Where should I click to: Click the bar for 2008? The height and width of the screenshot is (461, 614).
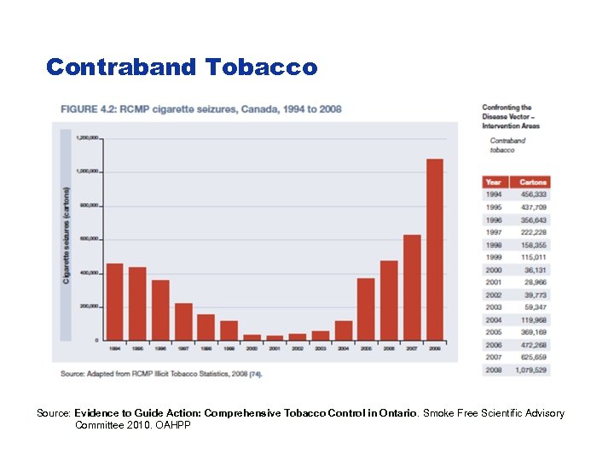pos(434,249)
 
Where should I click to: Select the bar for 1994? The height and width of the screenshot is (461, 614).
pos(114,301)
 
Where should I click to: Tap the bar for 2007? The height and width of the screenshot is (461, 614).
pos(412,287)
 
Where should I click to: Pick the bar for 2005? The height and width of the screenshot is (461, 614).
pos(366,309)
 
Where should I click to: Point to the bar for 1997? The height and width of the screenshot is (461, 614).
pos(183,321)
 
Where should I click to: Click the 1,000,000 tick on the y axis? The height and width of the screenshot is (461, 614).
pos(88,172)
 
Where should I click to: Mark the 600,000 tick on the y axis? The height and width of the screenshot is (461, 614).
pos(88,239)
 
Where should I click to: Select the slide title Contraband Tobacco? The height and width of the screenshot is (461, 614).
pos(181,67)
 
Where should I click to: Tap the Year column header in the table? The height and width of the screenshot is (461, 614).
pos(494,182)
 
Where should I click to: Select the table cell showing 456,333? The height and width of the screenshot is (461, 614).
pos(533,195)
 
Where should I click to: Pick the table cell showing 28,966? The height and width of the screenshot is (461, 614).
pos(535,283)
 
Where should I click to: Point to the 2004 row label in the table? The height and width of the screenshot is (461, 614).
pos(494,320)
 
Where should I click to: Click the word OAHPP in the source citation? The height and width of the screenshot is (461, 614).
pos(173,425)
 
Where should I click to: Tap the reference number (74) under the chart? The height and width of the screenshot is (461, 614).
pos(255,373)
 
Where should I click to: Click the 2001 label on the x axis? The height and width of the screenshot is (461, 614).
pos(275,348)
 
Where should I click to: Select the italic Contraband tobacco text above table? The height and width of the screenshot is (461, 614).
pos(507,145)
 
